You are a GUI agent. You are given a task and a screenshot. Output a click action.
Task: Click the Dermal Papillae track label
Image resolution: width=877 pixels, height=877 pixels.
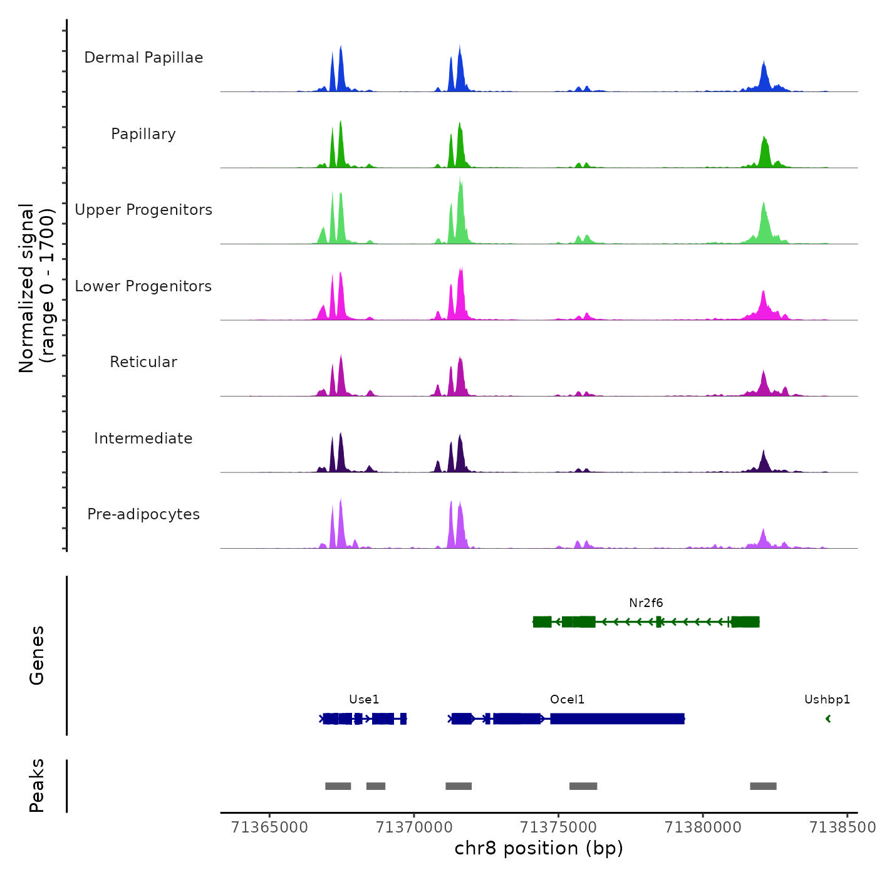pos(143,58)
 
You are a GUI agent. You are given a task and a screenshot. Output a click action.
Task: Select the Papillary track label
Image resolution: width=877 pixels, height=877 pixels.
pos(143,134)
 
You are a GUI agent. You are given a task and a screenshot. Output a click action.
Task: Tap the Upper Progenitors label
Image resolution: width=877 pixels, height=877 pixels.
pos(143,210)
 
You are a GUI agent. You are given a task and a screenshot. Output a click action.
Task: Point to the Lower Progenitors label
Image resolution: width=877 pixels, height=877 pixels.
pos(143,286)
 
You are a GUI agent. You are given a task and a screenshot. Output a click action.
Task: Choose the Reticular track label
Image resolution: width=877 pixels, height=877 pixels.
pos(143,362)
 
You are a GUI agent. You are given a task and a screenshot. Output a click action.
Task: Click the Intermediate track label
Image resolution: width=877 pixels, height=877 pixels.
pos(143,438)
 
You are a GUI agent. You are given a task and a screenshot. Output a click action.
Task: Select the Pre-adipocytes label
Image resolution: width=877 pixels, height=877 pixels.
pos(143,514)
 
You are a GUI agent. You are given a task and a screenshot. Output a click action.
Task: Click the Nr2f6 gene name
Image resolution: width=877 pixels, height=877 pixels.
pos(646,603)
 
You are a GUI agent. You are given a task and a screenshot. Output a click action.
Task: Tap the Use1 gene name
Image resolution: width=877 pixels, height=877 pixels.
pos(364,700)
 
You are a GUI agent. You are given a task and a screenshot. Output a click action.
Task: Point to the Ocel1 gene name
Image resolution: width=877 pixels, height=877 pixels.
pos(567,700)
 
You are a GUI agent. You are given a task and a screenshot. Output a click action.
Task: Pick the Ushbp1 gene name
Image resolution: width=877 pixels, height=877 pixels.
pos(827,700)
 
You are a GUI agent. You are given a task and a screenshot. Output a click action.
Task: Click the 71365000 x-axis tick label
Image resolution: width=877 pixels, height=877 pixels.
pos(270,828)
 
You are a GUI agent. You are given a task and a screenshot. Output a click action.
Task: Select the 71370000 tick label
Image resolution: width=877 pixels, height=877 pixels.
pos(414,828)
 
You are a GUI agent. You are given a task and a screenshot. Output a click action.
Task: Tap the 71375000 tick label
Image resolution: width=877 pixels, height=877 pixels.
pos(559,828)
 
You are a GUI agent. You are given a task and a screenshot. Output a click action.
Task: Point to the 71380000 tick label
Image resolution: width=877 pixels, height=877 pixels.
pos(703,828)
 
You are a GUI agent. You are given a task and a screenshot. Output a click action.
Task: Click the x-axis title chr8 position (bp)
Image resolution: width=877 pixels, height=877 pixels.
pos(539,848)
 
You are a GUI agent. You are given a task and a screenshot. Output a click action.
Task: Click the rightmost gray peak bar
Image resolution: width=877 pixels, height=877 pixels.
pos(763,786)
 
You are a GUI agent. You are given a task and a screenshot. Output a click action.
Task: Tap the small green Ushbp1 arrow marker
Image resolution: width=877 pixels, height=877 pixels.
pos(828,719)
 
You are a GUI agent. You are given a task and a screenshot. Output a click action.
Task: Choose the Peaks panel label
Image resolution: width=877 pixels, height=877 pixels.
pos(36,786)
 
